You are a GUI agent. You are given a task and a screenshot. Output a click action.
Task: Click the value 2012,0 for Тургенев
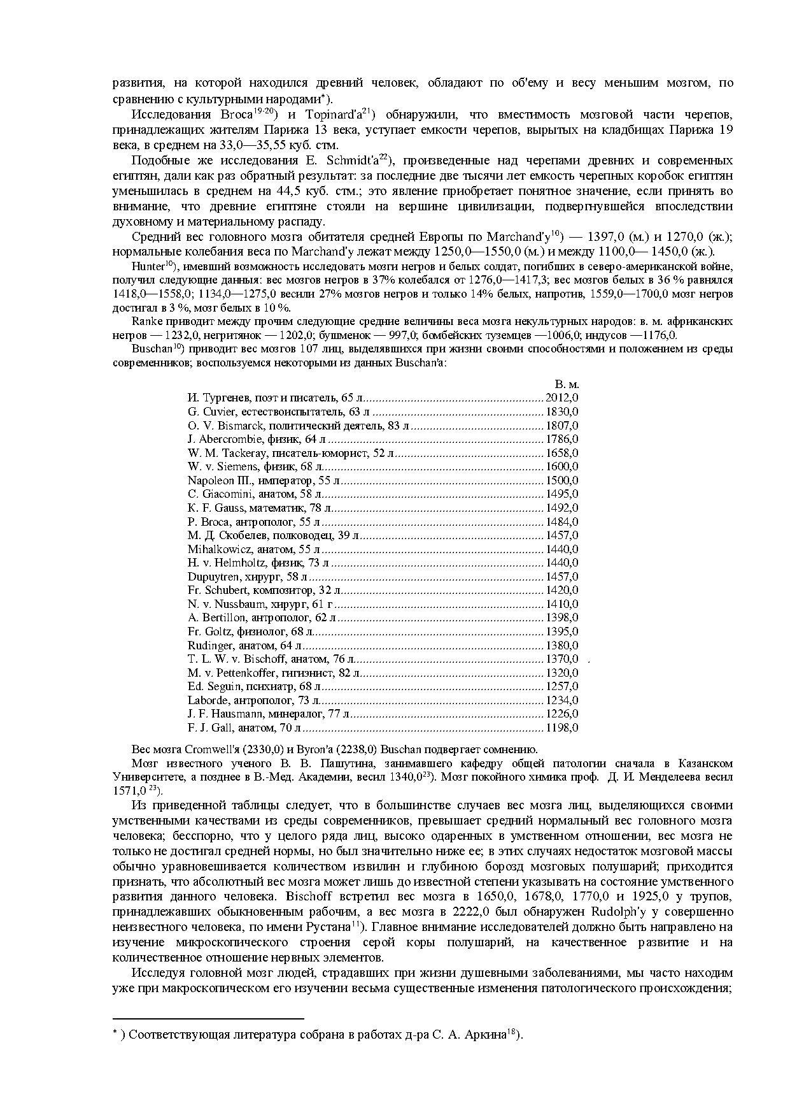[x=562, y=398]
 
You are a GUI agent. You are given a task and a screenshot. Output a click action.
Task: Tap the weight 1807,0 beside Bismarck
[x=562, y=426]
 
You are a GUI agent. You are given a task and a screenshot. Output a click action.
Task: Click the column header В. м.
[x=567, y=385]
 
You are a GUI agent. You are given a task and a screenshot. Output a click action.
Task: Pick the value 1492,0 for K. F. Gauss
[x=562, y=508]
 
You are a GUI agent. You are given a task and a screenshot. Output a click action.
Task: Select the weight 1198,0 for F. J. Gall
[x=562, y=728]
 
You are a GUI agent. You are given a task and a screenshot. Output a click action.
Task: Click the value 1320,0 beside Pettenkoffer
[x=562, y=673]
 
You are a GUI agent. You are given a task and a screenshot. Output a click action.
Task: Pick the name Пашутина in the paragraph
[x=338, y=763]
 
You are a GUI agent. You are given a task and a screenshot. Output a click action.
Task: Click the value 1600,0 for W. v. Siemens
[x=562, y=467]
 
